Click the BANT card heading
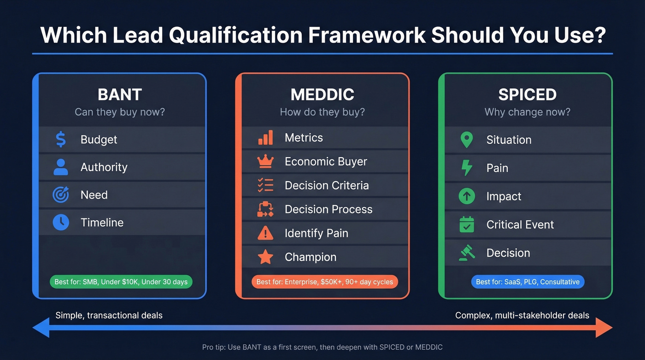click(x=119, y=94)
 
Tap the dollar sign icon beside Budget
click(x=61, y=139)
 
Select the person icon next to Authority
click(x=61, y=167)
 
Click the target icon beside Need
click(x=61, y=195)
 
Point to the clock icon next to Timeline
click(x=61, y=223)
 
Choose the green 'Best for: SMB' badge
click(x=121, y=282)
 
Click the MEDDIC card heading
click(x=322, y=94)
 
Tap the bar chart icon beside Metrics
click(x=265, y=137)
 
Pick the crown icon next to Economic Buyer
click(x=265, y=161)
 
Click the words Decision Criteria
click(x=327, y=185)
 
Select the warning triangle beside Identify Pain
click(x=265, y=233)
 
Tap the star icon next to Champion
click(x=265, y=257)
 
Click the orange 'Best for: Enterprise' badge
click(x=325, y=282)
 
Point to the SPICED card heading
click(x=527, y=94)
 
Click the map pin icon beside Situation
click(x=467, y=140)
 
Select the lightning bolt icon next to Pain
click(x=467, y=168)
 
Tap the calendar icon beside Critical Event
click(x=467, y=224)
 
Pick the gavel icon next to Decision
click(x=467, y=253)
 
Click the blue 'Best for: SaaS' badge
click(x=528, y=282)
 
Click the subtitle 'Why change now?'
click(x=527, y=112)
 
